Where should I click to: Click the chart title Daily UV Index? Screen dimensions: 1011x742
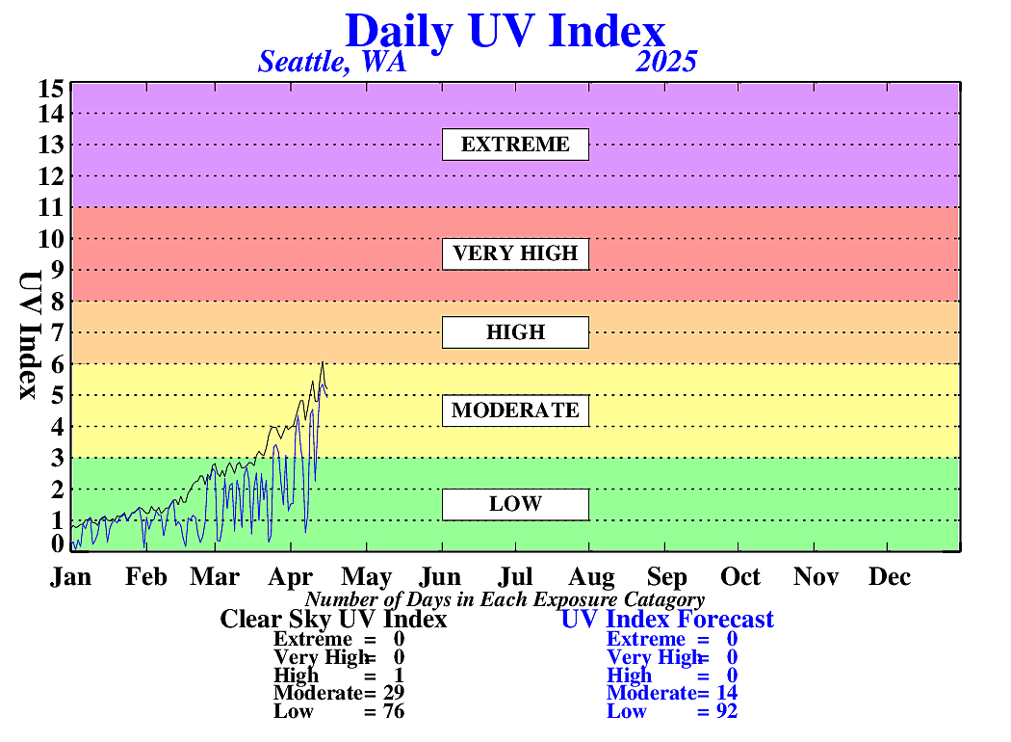[x=505, y=31]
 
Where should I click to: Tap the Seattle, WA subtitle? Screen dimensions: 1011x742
[x=332, y=62]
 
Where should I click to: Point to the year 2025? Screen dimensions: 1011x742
[x=666, y=62]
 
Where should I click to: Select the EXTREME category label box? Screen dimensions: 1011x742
[x=515, y=145]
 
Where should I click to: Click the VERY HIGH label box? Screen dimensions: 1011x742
[x=515, y=253]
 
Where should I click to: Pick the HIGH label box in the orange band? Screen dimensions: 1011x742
[x=515, y=332]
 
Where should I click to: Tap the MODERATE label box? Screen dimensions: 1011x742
[x=515, y=411]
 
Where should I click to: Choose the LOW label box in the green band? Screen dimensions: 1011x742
[x=515, y=504]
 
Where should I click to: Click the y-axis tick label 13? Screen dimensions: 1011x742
[x=51, y=145]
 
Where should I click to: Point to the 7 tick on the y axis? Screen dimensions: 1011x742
[x=58, y=332]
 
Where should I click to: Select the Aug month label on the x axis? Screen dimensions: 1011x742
[x=591, y=576]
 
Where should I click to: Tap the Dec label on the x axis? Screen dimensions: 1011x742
[x=889, y=576]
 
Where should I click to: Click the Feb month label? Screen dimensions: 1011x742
[x=146, y=576]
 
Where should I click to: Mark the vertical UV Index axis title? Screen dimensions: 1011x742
[x=30, y=335]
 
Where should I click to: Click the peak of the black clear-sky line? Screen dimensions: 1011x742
[x=323, y=362]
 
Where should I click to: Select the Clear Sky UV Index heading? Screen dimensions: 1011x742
[x=333, y=619]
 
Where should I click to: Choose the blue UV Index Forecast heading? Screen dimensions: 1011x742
[x=667, y=619]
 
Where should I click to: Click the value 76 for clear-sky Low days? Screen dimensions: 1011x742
[x=394, y=711]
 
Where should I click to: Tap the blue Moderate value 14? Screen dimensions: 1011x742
[x=727, y=693]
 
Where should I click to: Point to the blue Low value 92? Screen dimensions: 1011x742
[x=727, y=711]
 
